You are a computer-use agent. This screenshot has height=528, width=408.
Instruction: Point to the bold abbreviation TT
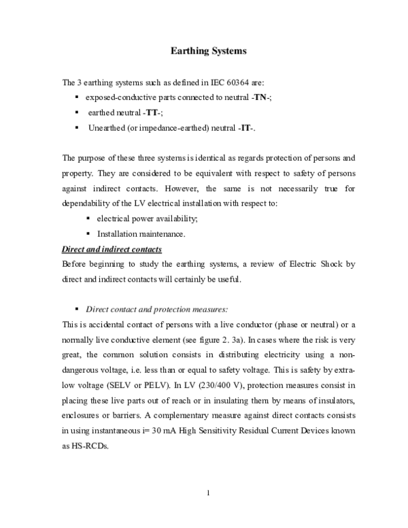[152, 113]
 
